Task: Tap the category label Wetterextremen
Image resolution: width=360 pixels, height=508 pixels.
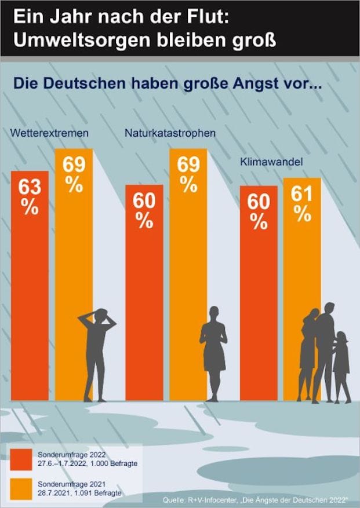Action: point(49,133)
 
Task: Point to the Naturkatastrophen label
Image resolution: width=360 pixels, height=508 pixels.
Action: point(170,133)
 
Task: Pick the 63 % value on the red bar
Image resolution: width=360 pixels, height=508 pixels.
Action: point(29,197)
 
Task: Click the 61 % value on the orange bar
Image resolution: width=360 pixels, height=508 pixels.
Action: point(301,203)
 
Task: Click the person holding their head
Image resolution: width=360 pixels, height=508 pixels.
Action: point(96,353)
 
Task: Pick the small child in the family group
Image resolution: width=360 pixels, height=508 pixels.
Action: point(341,368)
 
